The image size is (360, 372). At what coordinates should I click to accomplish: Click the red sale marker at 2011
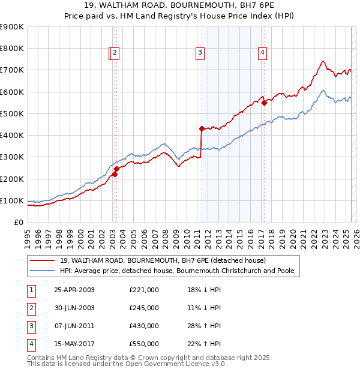(201, 128)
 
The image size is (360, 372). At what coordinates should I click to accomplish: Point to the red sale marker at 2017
(264, 103)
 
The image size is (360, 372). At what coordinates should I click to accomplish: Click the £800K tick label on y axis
(12, 48)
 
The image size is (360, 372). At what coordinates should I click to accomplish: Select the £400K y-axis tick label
(12, 135)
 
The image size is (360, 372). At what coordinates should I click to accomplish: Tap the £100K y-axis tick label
(12, 200)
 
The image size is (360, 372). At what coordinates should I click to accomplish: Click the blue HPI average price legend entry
(177, 271)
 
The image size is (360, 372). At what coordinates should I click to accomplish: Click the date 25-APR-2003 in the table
(74, 290)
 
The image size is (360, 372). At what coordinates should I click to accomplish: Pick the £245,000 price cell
(144, 308)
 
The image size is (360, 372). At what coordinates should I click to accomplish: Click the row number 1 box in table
(31, 290)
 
